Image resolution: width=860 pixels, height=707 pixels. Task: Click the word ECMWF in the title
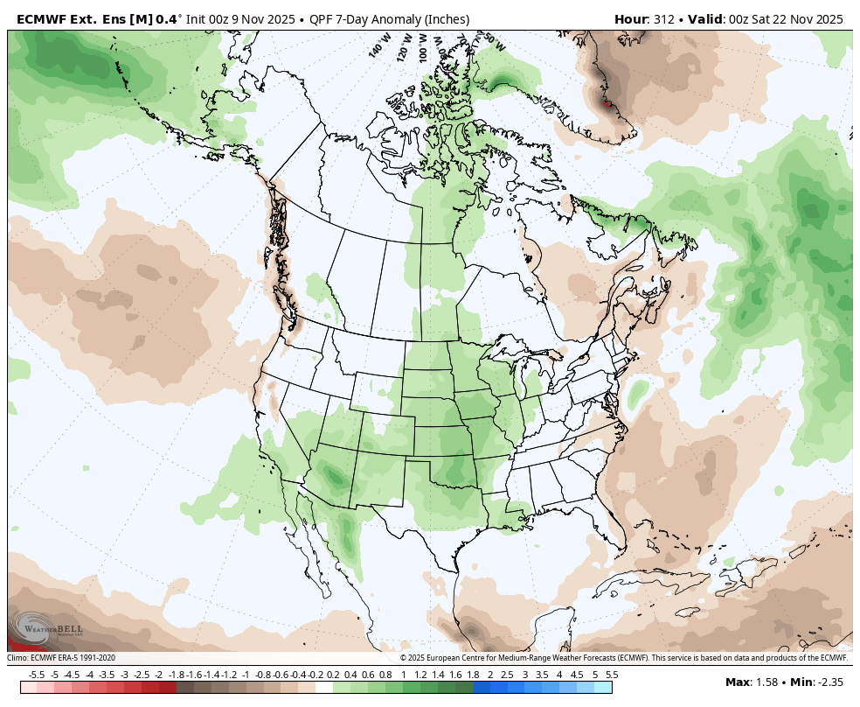pos(40,19)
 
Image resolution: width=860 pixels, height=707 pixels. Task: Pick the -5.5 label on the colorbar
pos(37,675)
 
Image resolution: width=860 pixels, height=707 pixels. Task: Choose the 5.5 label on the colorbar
pos(612,675)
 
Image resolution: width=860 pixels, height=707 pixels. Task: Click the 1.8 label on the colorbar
pos(473,675)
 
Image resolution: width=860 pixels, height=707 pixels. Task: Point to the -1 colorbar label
pos(246,675)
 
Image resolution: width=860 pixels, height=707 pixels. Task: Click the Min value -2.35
pos(830,682)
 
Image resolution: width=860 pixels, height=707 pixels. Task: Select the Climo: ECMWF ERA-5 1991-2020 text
pos(61,658)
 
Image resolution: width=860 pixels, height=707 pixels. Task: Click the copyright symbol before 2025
pos(403,658)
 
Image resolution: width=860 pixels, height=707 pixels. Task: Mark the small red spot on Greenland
pos(607,104)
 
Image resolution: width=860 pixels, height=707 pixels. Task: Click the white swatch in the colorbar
pos(324,688)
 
